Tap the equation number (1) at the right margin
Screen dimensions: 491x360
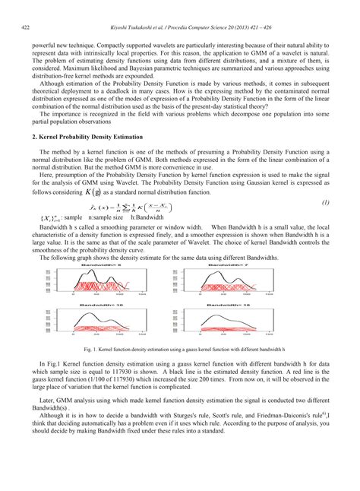pos(324,203)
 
